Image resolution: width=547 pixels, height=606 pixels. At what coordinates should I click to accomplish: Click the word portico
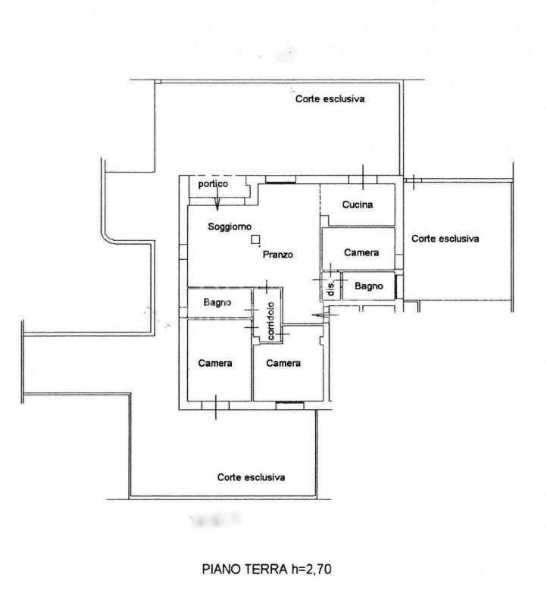[x=213, y=183]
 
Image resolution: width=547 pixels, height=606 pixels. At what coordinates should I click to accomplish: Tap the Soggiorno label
[x=230, y=226]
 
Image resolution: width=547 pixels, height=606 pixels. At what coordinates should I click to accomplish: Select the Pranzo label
[x=278, y=255]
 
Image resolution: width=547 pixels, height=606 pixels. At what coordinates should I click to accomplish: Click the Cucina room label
[x=358, y=205]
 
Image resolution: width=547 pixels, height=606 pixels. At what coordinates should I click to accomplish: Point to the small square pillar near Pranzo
[x=255, y=239]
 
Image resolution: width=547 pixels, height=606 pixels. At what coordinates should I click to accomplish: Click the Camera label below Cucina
[x=361, y=252]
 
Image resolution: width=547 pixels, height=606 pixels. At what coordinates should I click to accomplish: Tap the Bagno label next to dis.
[x=369, y=286]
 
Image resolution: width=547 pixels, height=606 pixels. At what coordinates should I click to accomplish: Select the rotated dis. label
[x=331, y=289]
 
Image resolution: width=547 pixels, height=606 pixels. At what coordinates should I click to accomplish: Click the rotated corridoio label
[x=271, y=320]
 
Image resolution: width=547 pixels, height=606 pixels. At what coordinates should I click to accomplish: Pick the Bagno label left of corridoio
[x=217, y=302]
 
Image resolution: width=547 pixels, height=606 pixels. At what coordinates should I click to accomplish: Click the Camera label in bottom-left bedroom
[x=215, y=364]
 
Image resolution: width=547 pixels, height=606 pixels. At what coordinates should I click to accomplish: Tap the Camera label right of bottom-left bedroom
[x=283, y=364]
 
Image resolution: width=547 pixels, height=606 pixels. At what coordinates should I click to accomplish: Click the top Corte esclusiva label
[x=330, y=99]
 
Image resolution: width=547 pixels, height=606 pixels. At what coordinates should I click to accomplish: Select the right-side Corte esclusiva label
[x=445, y=239]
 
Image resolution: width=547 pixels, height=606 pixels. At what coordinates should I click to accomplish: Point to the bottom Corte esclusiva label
[x=252, y=477]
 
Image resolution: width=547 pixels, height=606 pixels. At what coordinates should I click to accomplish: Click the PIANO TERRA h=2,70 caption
[x=267, y=570]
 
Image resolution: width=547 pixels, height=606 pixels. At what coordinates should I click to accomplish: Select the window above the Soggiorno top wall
[x=280, y=179]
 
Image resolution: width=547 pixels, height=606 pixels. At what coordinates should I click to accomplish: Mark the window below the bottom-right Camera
[x=289, y=405]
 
